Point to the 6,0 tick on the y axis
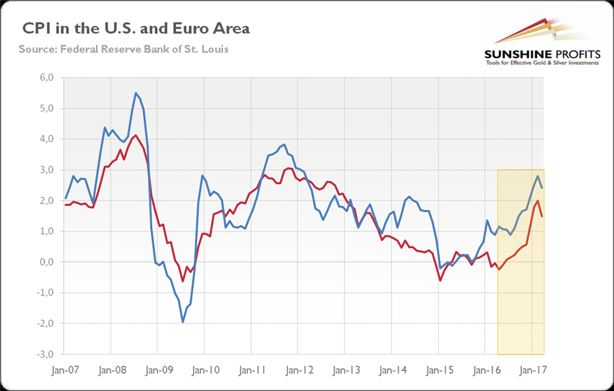click(x=46, y=78)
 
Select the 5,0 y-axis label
click(x=46, y=108)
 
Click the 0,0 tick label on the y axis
click(x=46, y=262)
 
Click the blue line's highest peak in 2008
click(x=136, y=93)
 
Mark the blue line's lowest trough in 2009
click(x=183, y=322)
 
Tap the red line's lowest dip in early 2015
click(x=440, y=280)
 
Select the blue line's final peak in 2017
click(x=538, y=176)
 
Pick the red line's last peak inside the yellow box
click(x=538, y=201)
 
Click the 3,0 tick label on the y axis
click(x=46, y=170)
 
